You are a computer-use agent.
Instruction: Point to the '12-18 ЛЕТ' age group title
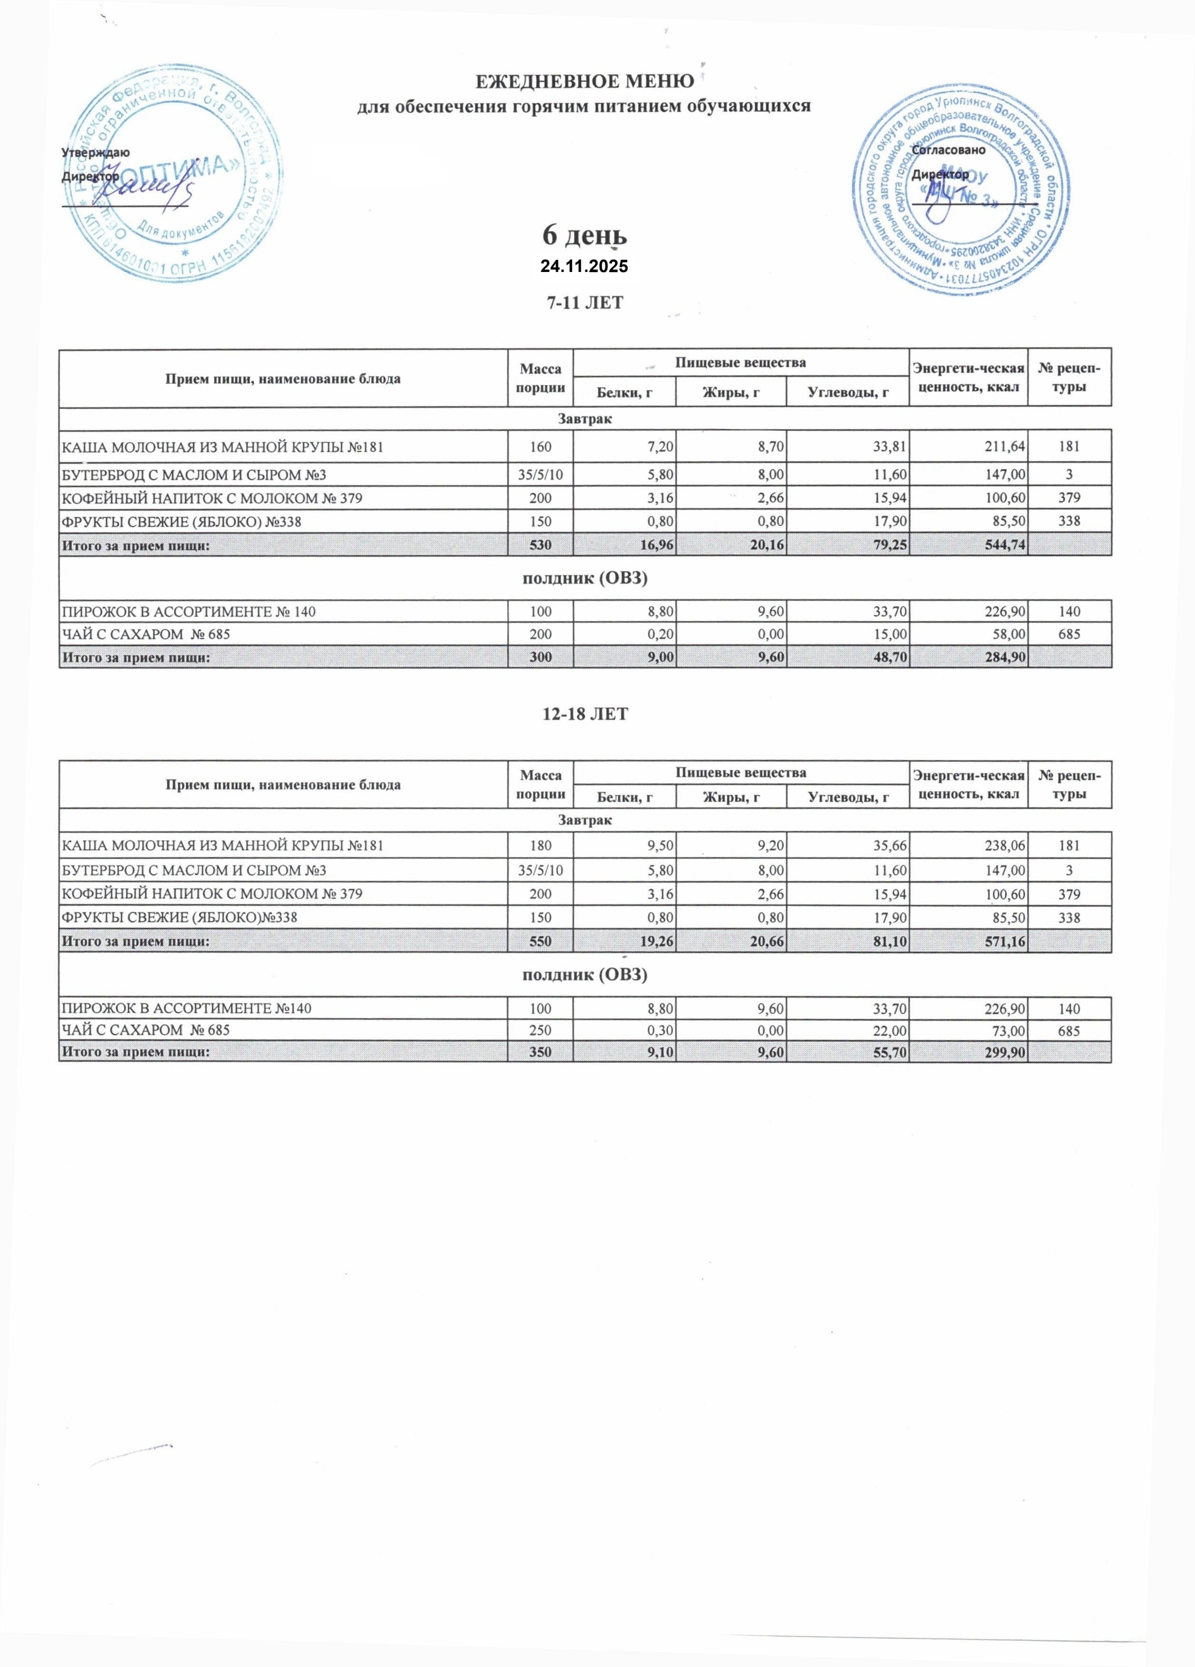[x=585, y=714]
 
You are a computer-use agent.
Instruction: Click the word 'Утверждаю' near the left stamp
[x=96, y=153]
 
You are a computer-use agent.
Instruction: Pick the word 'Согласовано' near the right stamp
[x=948, y=150]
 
